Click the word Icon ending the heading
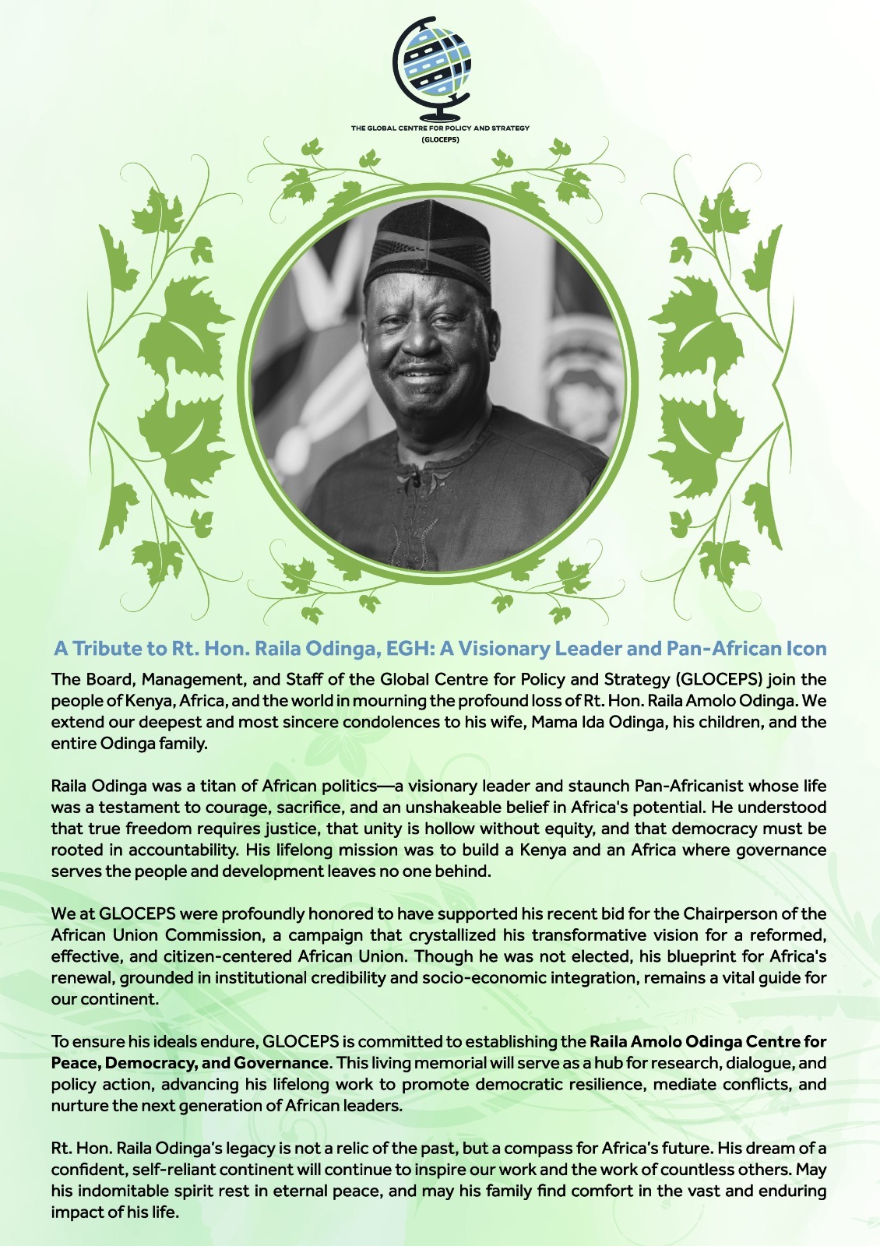pyautogui.click(x=803, y=649)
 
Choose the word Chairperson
pyautogui.click(x=727, y=913)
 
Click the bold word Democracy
pyautogui.click(x=149, y=1063)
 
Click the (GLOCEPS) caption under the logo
pyautogui.click(x=440, y=140)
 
